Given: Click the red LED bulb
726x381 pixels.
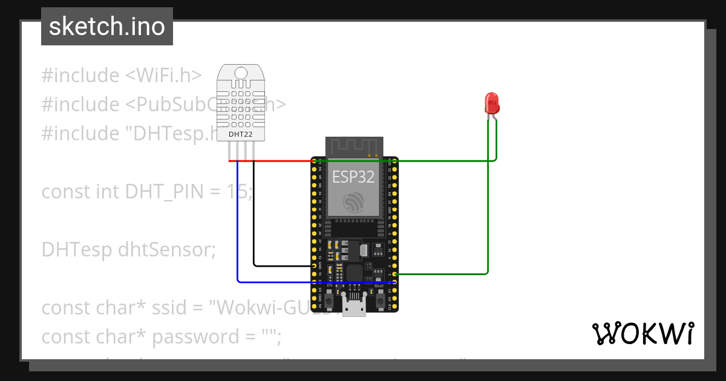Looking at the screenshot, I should click(492, 103).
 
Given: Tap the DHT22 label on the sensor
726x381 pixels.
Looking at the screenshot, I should click(240, 134).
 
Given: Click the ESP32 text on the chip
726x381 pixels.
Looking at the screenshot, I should click(353, 177).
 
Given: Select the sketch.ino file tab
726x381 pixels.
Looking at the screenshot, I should click(107, 27).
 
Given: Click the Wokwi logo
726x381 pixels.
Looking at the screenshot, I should click(643, 333).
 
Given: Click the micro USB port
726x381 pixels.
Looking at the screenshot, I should click(354, 307).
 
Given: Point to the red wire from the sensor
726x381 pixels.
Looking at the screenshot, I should click(272, 161).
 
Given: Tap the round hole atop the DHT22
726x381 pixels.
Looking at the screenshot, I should click(241, 73).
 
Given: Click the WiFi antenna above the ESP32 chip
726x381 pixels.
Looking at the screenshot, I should click(354, 146).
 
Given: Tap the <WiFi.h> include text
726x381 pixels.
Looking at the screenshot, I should click(163, 76).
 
